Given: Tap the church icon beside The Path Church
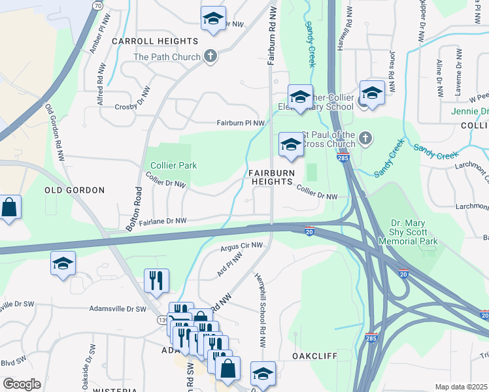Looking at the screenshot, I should pyautogui.click(x=211, y=56).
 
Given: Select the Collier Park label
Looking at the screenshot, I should pyautogui.click(x=173, y=165).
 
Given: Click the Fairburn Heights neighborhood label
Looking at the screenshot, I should pyautogui.click(x=271, y=177).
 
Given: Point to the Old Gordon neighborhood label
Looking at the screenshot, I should pyautogui.click(x=75, y=190).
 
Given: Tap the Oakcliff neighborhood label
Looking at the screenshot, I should pyautogui.click(x=314, y=357).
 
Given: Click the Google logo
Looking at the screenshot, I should pyautogui.click(x=22, y=384).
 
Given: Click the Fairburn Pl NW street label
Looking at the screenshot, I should pyautogui.click(x=241, y=123).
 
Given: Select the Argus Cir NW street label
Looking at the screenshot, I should pyautogui.click(x=241, y=246).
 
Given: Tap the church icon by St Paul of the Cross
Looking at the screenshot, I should pyautogui.click(x=365, y=138).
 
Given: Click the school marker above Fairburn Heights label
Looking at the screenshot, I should pyautogui.click(x=291, y=146).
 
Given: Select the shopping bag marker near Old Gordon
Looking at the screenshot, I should pyautogui.click(x=10, y=208).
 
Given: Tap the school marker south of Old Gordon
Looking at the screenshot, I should pyautogui.click(x=63, y=265).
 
